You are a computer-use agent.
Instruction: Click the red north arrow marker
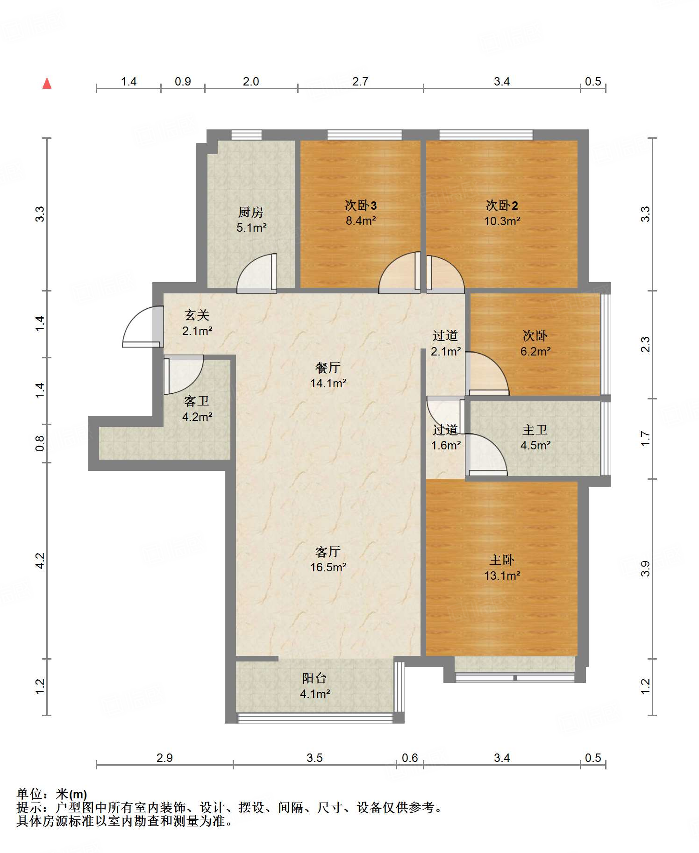point(47,83)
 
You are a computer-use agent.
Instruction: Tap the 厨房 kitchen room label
point(251,212)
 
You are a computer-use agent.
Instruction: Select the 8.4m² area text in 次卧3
point(361,220)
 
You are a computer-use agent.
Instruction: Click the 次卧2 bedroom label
point(502,205)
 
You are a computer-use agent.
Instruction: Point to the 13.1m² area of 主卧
point(502,576)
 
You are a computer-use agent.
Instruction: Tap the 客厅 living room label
point(328,552)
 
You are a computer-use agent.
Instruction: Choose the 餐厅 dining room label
point(328,368)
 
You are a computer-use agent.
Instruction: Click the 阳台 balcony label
point(314,678)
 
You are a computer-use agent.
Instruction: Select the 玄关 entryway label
point(197,315)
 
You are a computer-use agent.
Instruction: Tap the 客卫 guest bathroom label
point(197,401)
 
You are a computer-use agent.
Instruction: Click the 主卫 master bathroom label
point(535,430)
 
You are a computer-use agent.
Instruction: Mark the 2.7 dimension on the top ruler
point(360,81)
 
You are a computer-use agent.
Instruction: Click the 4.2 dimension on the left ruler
point(40,561)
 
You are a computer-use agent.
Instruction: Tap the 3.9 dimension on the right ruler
point(645,569)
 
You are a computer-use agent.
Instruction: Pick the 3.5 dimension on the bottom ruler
point(314,758)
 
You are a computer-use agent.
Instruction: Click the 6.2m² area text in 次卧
point(535,351)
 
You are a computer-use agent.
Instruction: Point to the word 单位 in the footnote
point(29,794)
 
